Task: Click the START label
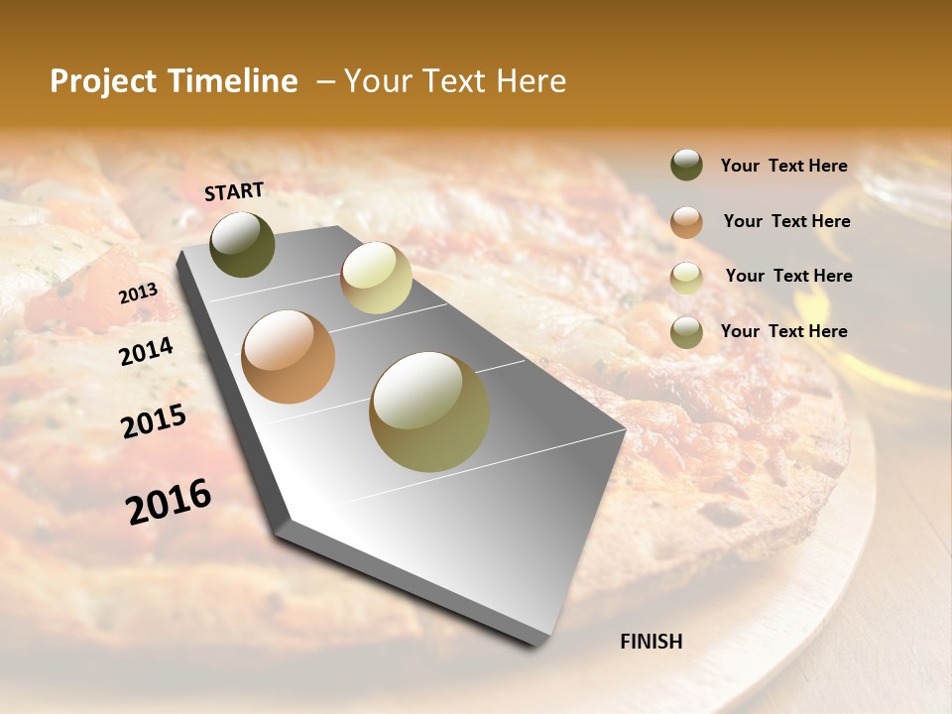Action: point(234,191)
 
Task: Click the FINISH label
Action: point(651,642)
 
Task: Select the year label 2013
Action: point(138,293)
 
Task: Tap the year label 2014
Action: point(146,351)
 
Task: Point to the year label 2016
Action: point(169,501)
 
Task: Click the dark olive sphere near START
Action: point(242,245)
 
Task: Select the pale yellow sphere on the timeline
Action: point(376,278)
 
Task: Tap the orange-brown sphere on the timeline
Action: point(289,357)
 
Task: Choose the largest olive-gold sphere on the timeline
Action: point(429,412)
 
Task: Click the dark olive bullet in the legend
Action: point(686,166)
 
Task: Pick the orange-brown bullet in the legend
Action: point(686,221)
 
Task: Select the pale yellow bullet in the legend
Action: point(686,277)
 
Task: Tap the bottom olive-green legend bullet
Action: point(686,331)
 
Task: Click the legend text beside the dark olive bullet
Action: point(783,166)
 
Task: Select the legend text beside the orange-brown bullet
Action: point(786,221)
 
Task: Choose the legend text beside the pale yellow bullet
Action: point(788,276)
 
